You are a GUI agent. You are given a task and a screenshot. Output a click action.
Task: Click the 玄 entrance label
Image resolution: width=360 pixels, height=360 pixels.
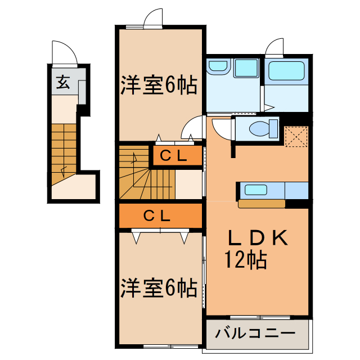tap(62, 83)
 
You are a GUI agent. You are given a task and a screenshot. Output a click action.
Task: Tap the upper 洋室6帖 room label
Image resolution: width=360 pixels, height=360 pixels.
tap(158, 85)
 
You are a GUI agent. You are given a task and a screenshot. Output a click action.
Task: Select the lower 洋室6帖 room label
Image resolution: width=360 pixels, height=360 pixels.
tap(158, 288)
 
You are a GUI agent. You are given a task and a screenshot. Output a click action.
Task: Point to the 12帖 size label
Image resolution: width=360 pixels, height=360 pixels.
tap(246, 260)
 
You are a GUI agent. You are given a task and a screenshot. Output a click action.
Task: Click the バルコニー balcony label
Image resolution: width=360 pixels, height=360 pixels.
tap(255, 333)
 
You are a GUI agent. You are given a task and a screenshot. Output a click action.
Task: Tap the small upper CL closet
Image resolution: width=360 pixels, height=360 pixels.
tap(174, 156)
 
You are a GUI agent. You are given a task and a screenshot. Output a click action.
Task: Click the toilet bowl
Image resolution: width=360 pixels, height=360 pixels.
tap(260, 129)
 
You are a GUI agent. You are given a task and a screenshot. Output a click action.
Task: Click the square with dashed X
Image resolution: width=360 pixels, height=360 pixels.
tap(295, 137)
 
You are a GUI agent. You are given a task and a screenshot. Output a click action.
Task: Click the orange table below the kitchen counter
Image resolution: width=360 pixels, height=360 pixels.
tap(262, 204)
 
